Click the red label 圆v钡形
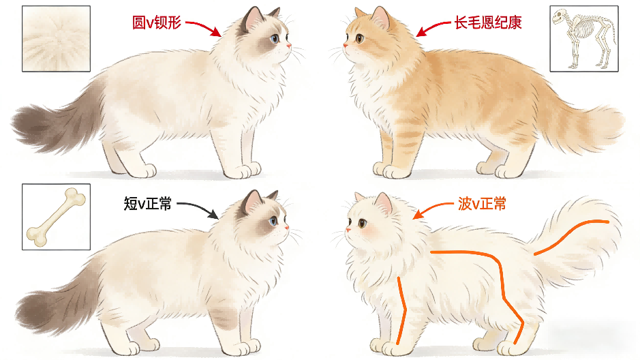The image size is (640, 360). click(156, 23)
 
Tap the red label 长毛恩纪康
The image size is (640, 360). click(488, 23)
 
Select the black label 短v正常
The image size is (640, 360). click(148, 203)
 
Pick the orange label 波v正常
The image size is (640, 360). click(482, 203)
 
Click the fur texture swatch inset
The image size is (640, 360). click(57, 39)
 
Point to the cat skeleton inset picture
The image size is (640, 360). click(584, 39)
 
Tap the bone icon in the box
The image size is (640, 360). click(57, 217)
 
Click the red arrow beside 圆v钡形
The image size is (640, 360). click(203, 27)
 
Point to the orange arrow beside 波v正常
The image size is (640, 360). click(432, 209)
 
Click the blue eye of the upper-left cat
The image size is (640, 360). click(274, 39)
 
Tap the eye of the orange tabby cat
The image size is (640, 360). click(360, 38)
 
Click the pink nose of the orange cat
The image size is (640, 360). click(346, 46)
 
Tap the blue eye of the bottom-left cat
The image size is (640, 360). click(273, 222)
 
